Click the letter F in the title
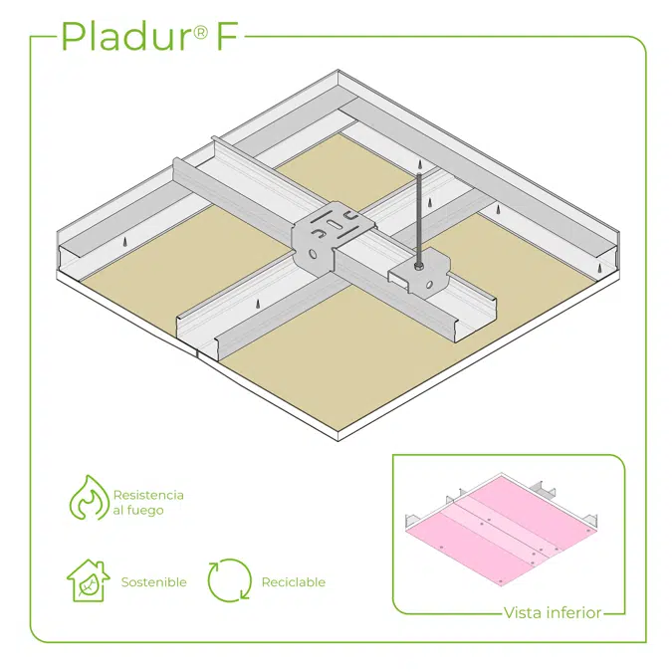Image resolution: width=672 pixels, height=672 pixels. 227,36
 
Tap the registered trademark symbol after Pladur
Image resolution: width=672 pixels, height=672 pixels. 201,32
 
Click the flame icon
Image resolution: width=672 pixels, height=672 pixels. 90,497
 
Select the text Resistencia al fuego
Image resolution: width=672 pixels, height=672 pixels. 148,503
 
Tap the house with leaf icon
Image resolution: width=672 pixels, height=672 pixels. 88,580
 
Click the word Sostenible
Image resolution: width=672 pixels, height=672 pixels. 154,582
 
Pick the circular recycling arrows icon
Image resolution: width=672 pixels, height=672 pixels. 230,579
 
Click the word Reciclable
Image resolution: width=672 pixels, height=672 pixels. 294,582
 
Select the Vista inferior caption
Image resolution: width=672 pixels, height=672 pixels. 553,613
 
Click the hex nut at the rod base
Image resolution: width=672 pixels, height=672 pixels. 418,268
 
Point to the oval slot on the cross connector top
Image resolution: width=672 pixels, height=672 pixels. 334,224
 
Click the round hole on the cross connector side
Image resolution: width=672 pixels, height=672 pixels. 314,254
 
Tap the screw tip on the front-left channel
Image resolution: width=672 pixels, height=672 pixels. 258,304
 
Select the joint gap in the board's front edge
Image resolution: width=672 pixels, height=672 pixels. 196,353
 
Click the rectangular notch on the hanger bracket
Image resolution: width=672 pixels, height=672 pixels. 398,280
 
